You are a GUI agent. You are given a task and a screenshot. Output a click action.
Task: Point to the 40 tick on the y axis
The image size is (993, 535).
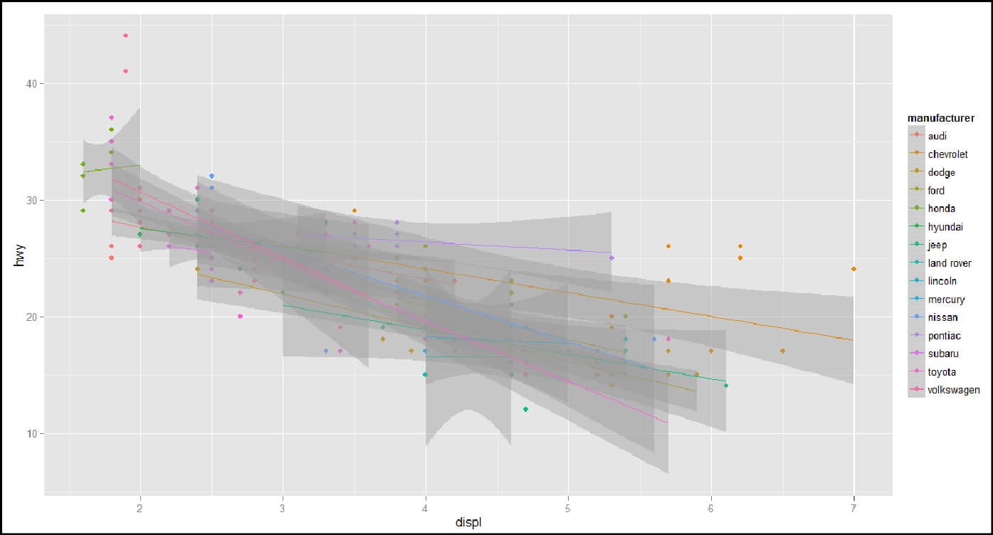32,84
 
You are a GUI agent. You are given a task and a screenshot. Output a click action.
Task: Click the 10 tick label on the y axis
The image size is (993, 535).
32,433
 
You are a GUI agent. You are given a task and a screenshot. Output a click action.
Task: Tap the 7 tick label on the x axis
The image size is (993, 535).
853,507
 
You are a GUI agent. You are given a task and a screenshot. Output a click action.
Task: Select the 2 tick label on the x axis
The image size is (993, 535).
140,507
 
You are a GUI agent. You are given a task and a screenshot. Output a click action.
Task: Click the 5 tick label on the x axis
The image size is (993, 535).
568,507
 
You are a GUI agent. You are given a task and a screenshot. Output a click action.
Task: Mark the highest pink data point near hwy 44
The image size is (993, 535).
126,36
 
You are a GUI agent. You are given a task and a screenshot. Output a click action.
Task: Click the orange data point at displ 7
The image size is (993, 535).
853,269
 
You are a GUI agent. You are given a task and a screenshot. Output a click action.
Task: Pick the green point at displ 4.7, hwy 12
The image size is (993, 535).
525,409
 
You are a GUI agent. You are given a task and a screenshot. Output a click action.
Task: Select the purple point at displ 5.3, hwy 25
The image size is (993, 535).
611,258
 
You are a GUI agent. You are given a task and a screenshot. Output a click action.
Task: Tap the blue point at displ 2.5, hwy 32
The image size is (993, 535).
211,176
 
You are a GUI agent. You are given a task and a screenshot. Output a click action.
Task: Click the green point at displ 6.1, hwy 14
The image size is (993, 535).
725,386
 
